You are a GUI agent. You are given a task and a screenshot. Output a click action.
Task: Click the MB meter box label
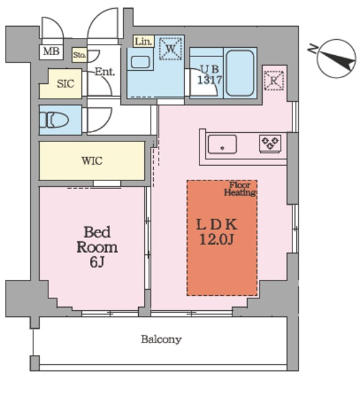pos(51,51)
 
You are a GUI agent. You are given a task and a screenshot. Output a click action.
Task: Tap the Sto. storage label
pos(79,55)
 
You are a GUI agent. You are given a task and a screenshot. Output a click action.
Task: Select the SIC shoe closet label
pos(66,84)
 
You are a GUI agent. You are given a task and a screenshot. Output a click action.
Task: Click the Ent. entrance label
pos(105,72)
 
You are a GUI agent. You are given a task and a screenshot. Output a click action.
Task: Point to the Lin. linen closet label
pos(144,42)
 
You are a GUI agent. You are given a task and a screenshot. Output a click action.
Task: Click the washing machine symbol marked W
pos(170,48)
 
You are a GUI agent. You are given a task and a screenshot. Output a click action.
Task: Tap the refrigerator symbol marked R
pos(274,81)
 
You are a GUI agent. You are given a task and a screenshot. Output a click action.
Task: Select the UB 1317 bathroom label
pos(209,75)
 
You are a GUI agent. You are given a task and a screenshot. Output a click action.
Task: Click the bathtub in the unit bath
pos(240,73)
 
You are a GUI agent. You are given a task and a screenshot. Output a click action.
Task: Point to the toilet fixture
pos(55,120)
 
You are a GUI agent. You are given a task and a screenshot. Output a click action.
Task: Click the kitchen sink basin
pos(222,145)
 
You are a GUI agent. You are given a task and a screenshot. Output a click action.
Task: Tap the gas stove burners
pos(270,143)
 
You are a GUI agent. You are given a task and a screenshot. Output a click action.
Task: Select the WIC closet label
pos(92,161)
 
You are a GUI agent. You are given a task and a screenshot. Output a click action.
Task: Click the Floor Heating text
pos(240,189)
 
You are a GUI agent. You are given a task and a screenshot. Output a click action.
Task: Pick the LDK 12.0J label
pos(217,231)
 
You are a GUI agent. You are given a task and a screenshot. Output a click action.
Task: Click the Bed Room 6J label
pos(97,247)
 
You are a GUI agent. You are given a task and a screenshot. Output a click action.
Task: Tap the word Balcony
pos(161,339)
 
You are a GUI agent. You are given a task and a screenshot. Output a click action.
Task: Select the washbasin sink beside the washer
pos(141,62)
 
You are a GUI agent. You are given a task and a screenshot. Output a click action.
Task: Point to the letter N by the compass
pos(313,49)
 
